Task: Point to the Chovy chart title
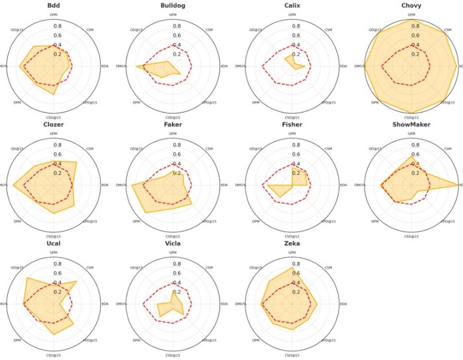coord(411,5)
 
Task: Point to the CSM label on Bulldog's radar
coord(209,30)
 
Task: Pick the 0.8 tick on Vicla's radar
coord(177,264)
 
